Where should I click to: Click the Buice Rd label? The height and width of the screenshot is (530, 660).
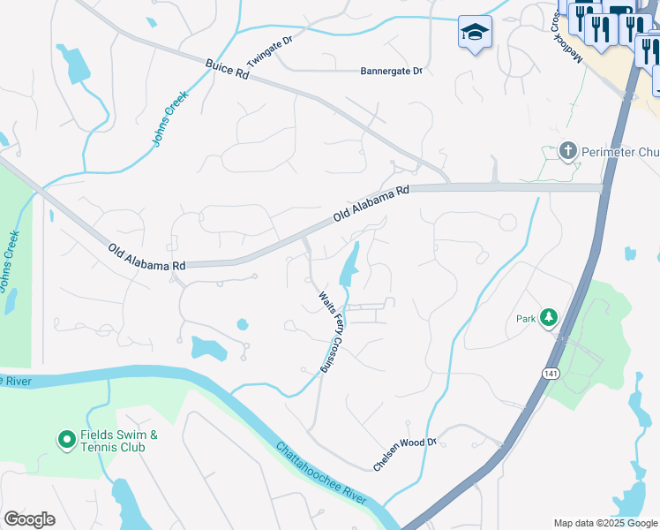227,70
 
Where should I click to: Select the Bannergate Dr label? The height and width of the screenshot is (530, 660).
392,71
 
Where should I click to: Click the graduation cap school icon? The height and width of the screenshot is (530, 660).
475,33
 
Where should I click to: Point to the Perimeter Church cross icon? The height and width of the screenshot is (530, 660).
569,151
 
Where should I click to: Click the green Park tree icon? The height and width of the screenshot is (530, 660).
549,316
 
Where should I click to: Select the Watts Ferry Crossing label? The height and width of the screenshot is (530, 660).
330,327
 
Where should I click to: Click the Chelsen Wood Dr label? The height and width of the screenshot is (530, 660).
405,454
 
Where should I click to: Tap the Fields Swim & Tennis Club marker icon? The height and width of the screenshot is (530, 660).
66,438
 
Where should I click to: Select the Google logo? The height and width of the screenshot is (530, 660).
29,519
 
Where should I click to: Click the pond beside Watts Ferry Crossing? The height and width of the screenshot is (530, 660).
350,261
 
